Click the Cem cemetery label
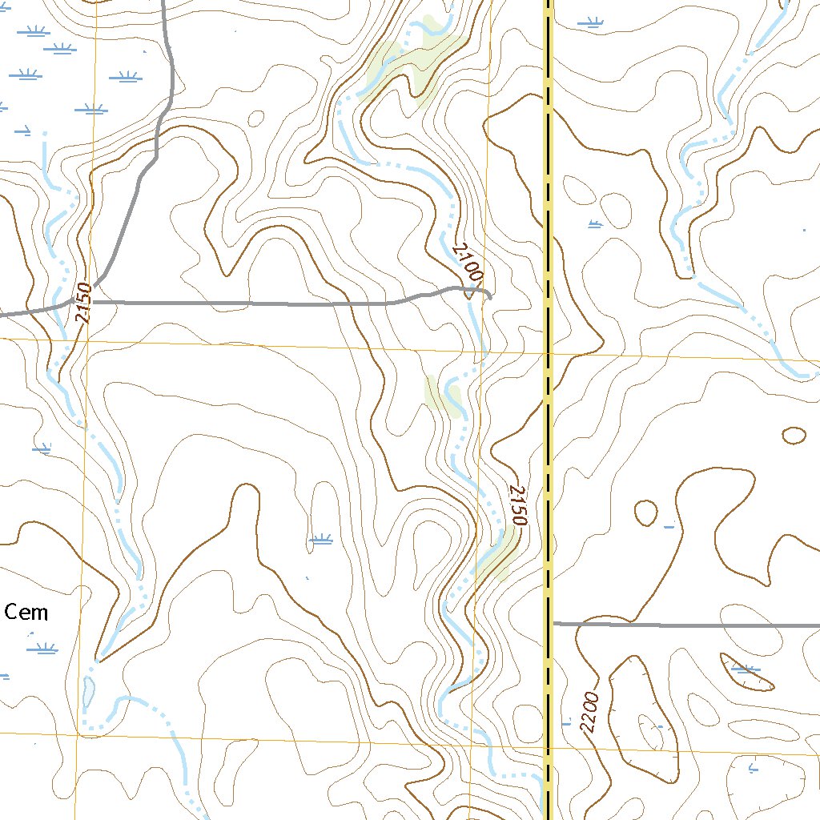tap(26, 613)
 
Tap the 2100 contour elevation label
tap(468, 262)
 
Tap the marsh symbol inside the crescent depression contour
tap(745, 669)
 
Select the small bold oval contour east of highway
tap(794, 435)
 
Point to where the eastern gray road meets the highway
tap(552, 622)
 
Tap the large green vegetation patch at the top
tap(412, 60)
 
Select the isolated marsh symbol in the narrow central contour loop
tap(321, 540)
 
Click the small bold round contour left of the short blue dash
tap(645, 512)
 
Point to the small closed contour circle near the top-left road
tap(256, 119)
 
